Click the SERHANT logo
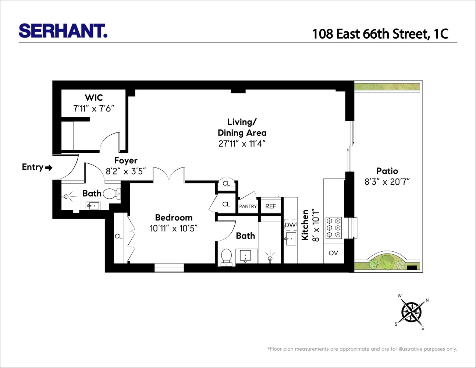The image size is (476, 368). pyautogui.click(x=63, y=31)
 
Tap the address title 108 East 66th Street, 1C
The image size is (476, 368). pyautogui.click(x=380, y=34)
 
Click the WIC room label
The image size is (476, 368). pyautogui.click(x=94, y=98)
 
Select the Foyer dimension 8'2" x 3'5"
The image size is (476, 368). pyautogui.click(x=126, y=171)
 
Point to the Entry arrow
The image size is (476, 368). pyautogui.click(x=49, y=168)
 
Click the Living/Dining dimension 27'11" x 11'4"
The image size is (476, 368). pyautogui.click(x=242, y=144)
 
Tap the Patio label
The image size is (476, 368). pyautogui.click(x=387, y=171)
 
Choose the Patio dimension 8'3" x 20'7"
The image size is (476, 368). pyautogui.click(x=387, y=182)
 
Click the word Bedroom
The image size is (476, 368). pyautogui.click(x=174, y=217)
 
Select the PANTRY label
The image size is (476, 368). pyautogui.click(x=248, y=206)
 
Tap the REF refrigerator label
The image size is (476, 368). pyautogui.click(x=271, y=206)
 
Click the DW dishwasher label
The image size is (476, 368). pyautogui.click(x=290, y=225)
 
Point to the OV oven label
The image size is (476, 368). pyautogui.click(x=333, y=253)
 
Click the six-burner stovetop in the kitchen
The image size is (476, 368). pyautogui.click(x=334, y=228)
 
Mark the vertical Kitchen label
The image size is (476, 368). pyautogui.click(x=305, y=225)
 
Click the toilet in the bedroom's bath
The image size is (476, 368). pyautogui.click(x=226, y=256)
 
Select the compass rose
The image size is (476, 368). pyautogui.click(x=411, y=312)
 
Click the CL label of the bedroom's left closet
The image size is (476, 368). pyautogui.click(x=118, y=236)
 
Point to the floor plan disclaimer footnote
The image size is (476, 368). pyautogui.click(x=362, y=349)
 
